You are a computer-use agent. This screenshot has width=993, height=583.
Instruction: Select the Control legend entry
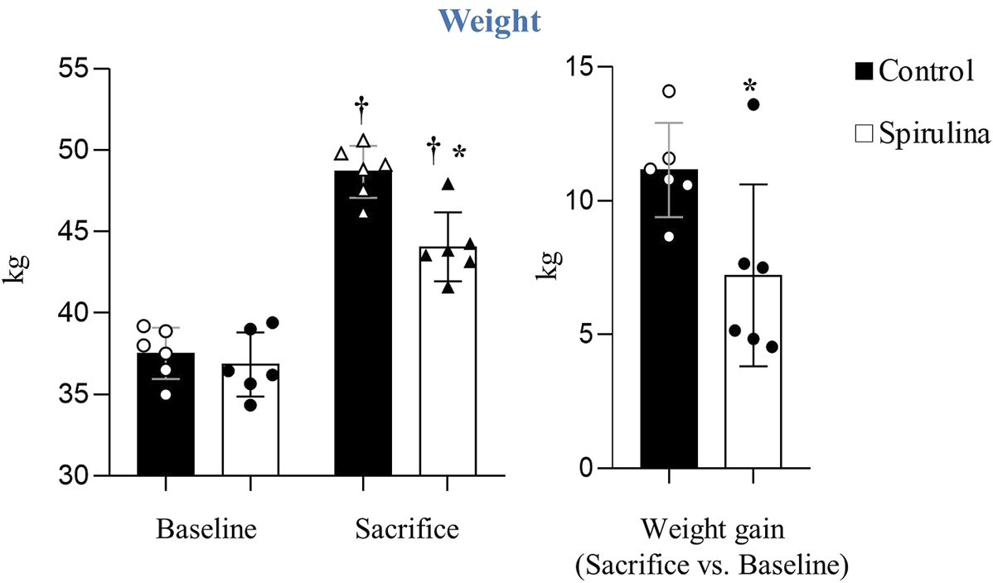tap(915, 71)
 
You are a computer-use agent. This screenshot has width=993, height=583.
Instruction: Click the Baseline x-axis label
tap(206, 528)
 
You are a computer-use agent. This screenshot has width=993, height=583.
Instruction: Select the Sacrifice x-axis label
tap(406, 528)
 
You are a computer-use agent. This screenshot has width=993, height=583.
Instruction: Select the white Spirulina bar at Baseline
tap(249, 431)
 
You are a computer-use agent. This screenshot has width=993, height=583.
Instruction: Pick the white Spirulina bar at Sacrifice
tap(447, 373)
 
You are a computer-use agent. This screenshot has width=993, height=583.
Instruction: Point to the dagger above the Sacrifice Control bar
tap(361, 106)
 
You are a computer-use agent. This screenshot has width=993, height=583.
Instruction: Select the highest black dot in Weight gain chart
tap(753, 104)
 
